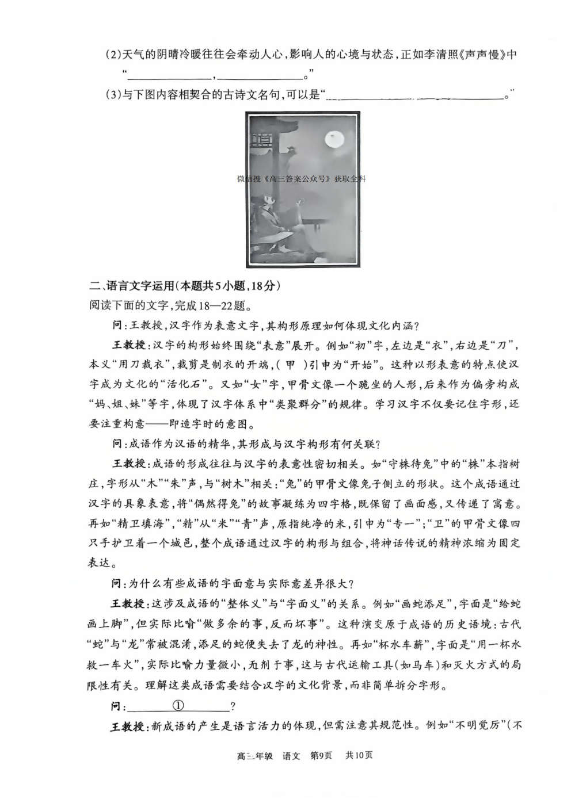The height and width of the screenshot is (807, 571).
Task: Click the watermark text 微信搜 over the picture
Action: (x=249, y=179)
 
